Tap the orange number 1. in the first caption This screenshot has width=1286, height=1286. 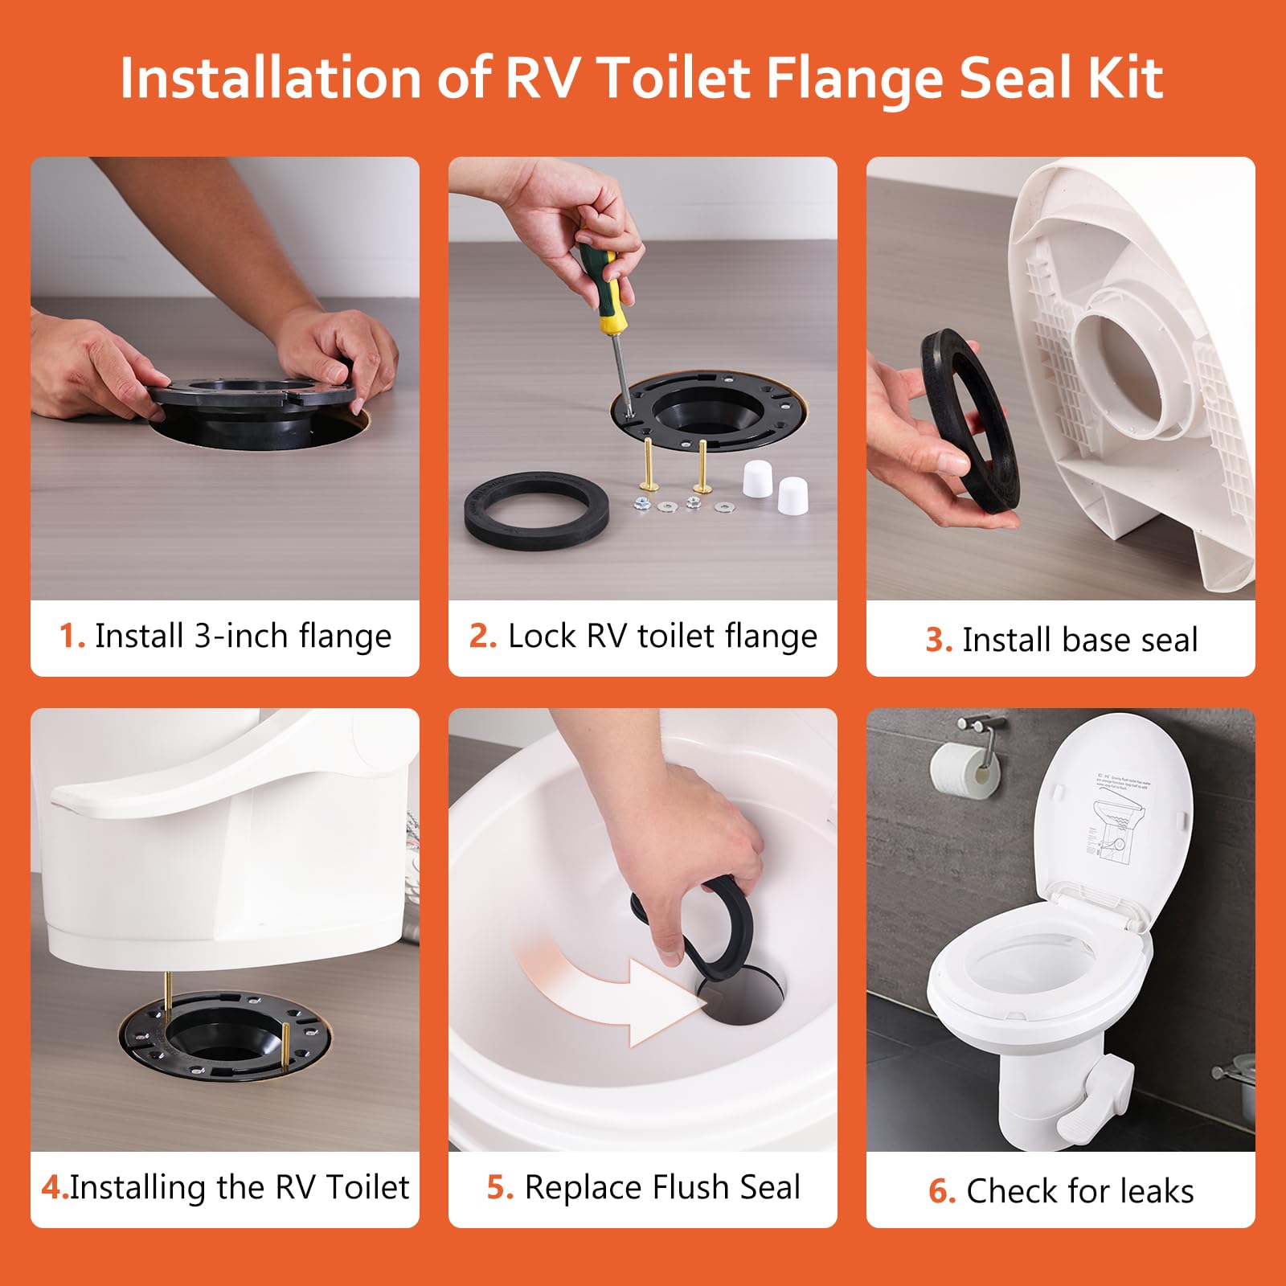tap(72, 636)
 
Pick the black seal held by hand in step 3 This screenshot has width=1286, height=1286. tap(970, 418)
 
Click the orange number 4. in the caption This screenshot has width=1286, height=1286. tap(54, 1187)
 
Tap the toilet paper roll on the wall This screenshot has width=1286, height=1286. tap(963, 769)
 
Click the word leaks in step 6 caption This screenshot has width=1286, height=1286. tap(1152, 1190)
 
